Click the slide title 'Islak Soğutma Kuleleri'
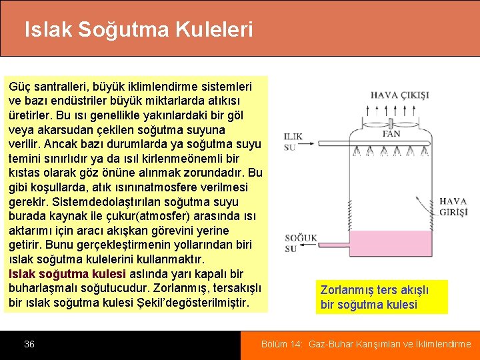point(139,29)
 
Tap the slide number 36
point(29,344)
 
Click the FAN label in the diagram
point(391,134)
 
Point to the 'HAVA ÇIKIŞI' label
point(399,95)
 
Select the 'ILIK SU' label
point(293,141)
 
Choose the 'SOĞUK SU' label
point(301,243)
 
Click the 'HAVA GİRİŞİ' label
point(453,206)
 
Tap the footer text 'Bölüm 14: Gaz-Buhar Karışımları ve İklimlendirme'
point(366,344)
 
